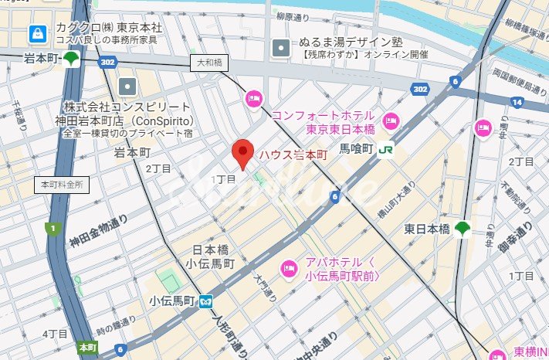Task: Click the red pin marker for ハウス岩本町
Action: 243,154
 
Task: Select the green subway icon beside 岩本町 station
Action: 72,59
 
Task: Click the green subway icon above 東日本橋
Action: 463,228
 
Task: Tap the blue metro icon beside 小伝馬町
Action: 207,301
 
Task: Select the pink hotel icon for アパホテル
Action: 290,268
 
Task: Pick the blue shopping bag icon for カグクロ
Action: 36,33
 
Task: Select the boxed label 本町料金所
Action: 63,185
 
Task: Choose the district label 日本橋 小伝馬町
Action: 213,257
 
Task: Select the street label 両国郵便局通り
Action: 521,78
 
